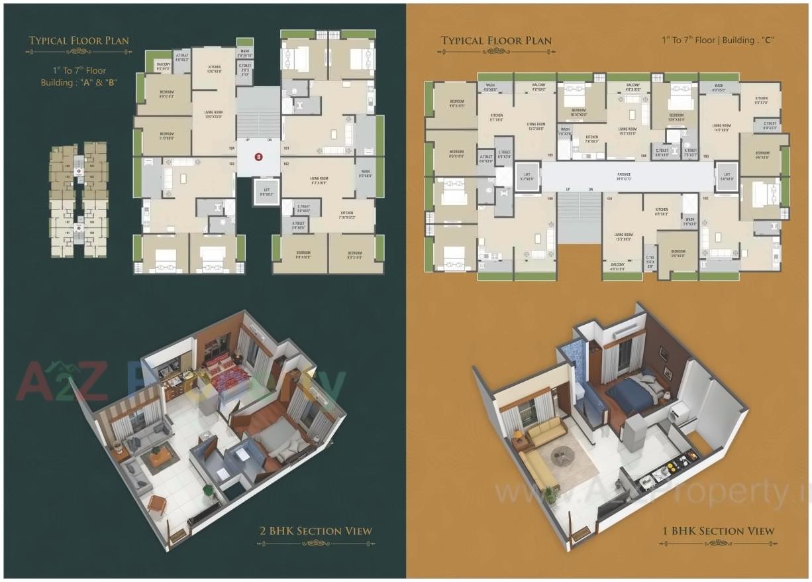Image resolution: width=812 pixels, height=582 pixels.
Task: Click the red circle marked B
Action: click(259, 157)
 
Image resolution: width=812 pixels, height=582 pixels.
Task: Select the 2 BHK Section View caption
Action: click(315, 531)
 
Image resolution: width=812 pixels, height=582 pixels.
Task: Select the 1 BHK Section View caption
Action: click(719, 531)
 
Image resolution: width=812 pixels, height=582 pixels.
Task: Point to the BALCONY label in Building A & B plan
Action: click(163, 66)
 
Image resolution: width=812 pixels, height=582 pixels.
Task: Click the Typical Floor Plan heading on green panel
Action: click(79, 41)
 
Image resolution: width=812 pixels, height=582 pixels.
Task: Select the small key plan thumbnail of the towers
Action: click(78, 200)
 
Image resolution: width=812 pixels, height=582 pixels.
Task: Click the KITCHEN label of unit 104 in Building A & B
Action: click(215, 68)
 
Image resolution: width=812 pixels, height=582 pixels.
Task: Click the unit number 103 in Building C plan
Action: click(706, 156)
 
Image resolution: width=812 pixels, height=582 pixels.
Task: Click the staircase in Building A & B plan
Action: click(258, 119)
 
